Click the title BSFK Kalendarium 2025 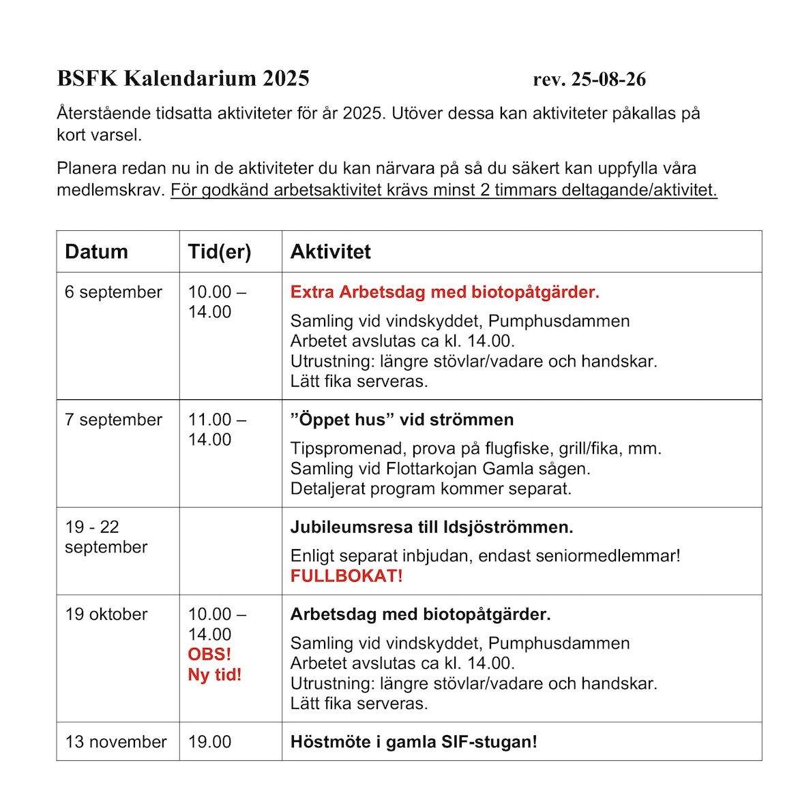pos(183,78)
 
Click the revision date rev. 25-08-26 pos(589,79)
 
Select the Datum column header pos(96,251)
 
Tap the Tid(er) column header pos(219,251)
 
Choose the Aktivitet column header pos(331,251)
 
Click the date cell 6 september pos(113,292)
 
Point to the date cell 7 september pos(113,420)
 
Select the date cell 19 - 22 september pos(106,537)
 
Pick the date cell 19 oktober pos(106,614)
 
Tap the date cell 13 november pos(116,742)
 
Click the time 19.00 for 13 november pos(209,742)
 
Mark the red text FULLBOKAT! pos(346,576)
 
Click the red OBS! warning pos(209,654)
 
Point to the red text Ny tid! pos(215,674)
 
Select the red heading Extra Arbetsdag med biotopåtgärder pos(445,292)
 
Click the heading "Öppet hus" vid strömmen pos(402,420)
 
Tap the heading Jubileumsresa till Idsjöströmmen pos(432,527)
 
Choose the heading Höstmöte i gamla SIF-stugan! pos(413,742)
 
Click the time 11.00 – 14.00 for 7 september pos(216,429)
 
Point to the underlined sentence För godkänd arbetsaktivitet pos(443,190)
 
